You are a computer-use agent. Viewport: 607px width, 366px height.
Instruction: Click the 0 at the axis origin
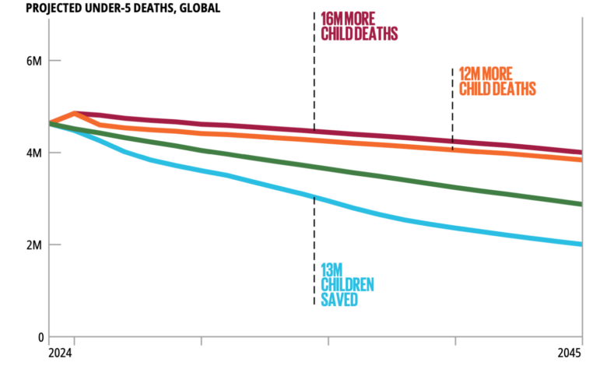(x=38, y=337)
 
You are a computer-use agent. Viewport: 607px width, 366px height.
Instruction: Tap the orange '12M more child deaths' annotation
(x=497, y=81)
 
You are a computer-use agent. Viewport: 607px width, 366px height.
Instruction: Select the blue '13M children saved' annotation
(x=347, y=283)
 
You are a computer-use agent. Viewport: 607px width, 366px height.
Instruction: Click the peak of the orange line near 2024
(x=74, y=114)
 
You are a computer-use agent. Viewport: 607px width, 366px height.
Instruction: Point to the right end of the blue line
(x=581, y=244)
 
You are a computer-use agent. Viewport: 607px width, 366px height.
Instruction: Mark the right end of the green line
(x=581, y=204)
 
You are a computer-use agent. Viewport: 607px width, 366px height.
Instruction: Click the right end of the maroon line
(x=581, y=152)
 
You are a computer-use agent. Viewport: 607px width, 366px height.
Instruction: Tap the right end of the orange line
(x=581, y=160)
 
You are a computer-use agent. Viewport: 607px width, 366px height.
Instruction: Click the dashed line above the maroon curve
(x=314, y=70)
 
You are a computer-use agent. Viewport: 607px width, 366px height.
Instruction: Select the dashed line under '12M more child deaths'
(x=452, y=109)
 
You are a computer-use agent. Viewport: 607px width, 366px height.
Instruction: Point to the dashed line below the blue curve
(x=314, y=249)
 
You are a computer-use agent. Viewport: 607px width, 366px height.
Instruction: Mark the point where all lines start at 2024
(x=50, y=123)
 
